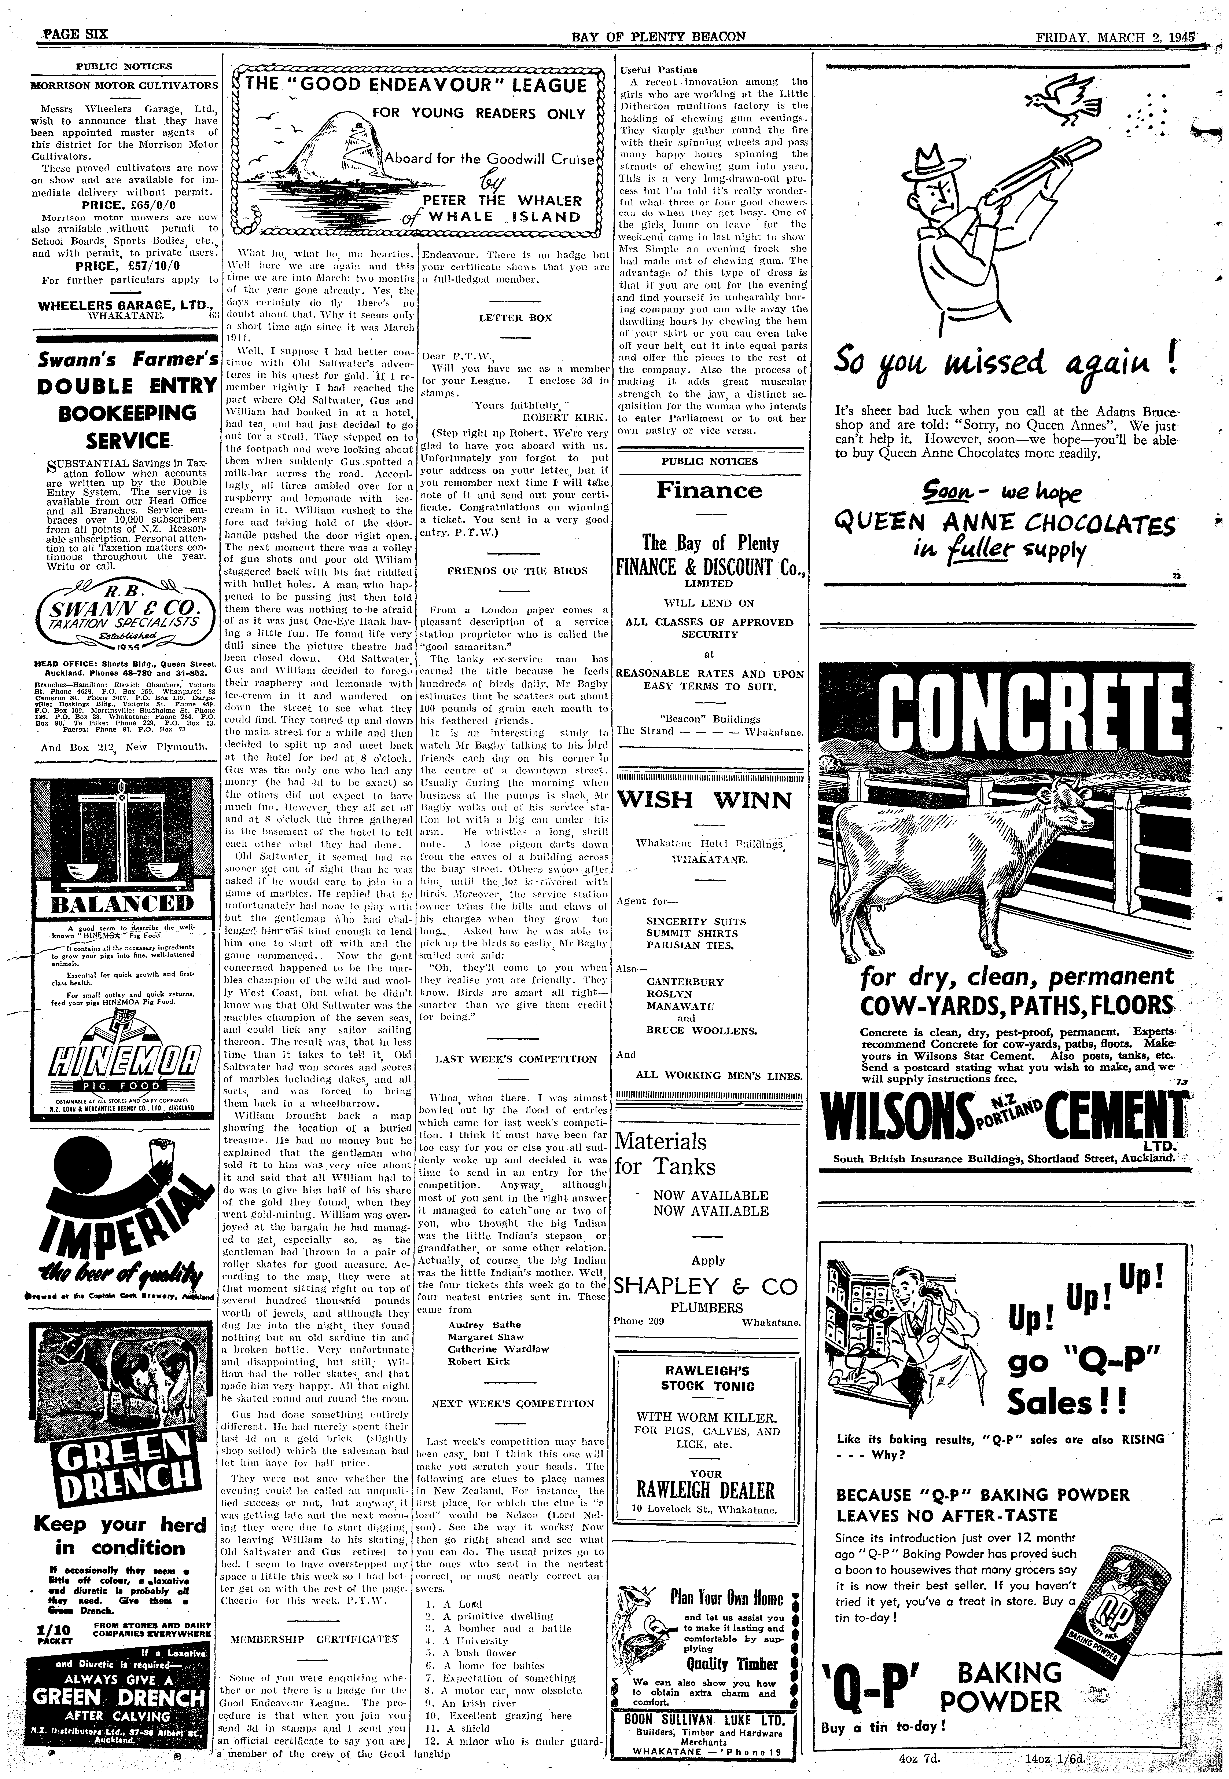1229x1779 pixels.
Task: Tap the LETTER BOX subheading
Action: [515, 317]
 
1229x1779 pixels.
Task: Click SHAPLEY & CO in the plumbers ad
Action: [707, 1286]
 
